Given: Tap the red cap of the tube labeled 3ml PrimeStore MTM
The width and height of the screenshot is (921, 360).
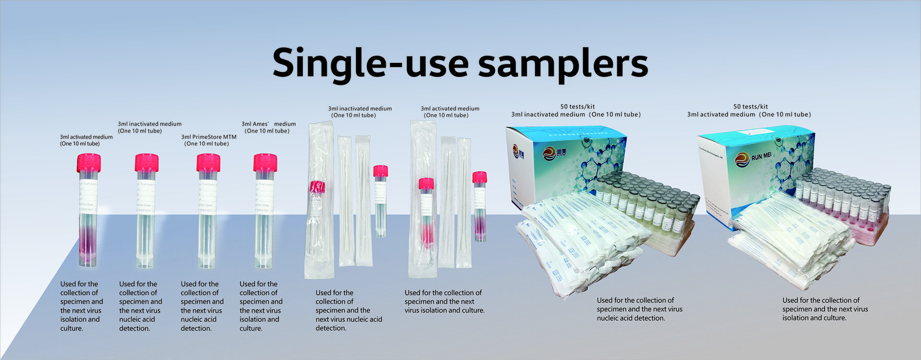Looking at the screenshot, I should pos(208,163).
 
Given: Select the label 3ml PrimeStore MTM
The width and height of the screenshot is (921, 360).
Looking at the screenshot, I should pos(208,137).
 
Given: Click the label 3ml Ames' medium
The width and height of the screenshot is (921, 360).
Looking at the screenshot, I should pos(268,124).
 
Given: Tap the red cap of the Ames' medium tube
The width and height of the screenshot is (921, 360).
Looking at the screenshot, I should pos(265,163).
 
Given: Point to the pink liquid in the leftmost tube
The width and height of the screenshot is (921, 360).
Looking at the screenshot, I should pos(88,240).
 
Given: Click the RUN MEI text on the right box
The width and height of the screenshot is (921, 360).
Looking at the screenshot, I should pos(761,156).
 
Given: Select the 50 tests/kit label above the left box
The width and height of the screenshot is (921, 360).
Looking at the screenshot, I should pos(577,107).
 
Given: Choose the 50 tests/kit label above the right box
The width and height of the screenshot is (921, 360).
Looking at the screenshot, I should pos(750,107).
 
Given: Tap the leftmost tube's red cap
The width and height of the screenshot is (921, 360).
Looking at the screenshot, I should pos(89,163).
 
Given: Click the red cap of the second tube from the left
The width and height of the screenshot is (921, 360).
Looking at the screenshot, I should pos(146,163).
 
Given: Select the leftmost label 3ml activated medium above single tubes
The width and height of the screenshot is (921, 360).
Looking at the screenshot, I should pos(86,137).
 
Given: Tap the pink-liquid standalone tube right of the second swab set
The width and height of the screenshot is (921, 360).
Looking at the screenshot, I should pos(479,206).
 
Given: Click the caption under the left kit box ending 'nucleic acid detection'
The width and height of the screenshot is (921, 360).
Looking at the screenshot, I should pos(639,309).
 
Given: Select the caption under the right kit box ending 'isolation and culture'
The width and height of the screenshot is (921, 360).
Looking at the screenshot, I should pos(825,309).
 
